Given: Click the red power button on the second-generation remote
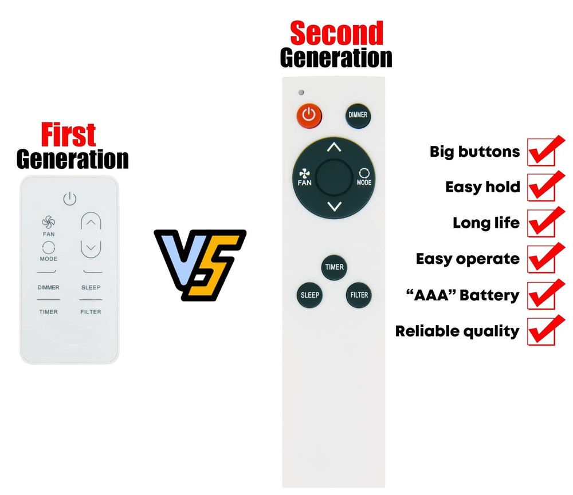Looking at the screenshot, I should (309, 115).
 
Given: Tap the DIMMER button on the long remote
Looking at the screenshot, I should (358, 115).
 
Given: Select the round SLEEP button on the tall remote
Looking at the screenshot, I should (309, 295).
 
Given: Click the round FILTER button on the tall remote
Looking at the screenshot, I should (359, 295).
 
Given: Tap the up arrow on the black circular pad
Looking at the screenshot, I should (334, 148).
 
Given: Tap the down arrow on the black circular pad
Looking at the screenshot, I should (334, 207).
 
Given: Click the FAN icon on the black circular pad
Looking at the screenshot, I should (304, 177).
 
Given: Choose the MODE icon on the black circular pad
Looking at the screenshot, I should (364, 177).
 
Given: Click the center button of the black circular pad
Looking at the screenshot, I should (334, 177).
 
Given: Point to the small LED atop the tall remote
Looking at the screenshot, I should (300, 92).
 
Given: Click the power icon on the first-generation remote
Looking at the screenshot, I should (69, 199).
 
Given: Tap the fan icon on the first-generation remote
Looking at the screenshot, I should (49, 222).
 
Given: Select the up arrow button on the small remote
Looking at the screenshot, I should (91, 223).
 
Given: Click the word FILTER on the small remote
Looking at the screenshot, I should (91, 312).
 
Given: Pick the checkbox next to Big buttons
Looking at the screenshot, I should (541, 152).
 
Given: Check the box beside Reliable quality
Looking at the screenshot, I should (541, 331).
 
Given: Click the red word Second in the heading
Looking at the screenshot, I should (336, 34).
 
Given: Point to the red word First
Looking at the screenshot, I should (68, 136).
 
